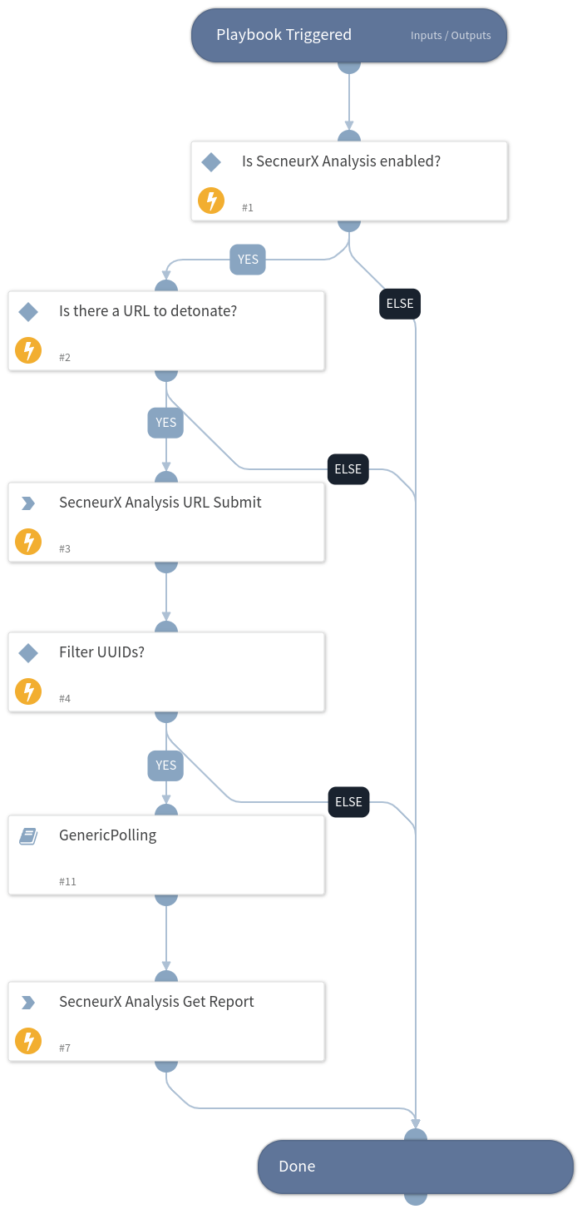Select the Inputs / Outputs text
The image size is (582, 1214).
(x=451, y=36)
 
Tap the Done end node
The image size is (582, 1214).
(x=415, y=1166)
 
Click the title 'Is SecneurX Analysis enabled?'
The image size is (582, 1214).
(x=341, y=161)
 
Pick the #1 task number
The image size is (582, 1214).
(x=248, y=207)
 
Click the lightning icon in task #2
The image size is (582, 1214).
(x=28, y=351)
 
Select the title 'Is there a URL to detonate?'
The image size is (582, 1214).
(x=148, y=311)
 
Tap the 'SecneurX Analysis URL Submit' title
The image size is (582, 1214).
(x=160, y=503)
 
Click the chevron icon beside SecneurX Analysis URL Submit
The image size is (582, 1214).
(x=28, y=503)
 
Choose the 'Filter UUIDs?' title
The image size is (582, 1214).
(x=101, y=652)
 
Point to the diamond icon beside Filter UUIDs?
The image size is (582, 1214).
(x=28, y=653)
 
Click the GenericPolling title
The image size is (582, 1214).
(x=107, y=835)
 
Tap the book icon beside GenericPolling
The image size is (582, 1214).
(x=28, y=836)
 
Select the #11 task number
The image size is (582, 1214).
(x=67, y=881)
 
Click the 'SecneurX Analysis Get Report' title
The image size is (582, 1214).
(x=156, y=1002)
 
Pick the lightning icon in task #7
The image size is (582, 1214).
(x=28, y=1042)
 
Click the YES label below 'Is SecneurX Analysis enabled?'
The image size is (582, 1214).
(x=248, y=260)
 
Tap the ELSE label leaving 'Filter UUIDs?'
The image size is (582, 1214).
(x=348, y=802)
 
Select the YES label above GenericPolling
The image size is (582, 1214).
(x=165, y=766)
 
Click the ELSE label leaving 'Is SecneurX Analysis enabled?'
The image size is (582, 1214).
(x=400, y=304)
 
